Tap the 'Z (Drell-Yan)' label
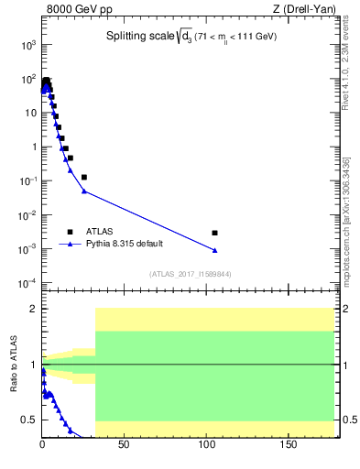click(x=307, y=11)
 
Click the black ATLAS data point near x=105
click(x=214, y=233)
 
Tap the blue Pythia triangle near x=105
click(x=214, y=250)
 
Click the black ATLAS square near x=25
click(x=84, y=177)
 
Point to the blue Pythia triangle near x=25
click(x=84, y=191)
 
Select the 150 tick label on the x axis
click(x=289, y=446)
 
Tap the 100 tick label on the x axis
click(x=207, y=446)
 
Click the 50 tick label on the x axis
click(x=125, y=446)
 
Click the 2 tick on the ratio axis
click(x=35, y=309)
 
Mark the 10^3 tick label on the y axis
click(x=27, y=45)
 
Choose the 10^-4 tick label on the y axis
click(x=27, y=283)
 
